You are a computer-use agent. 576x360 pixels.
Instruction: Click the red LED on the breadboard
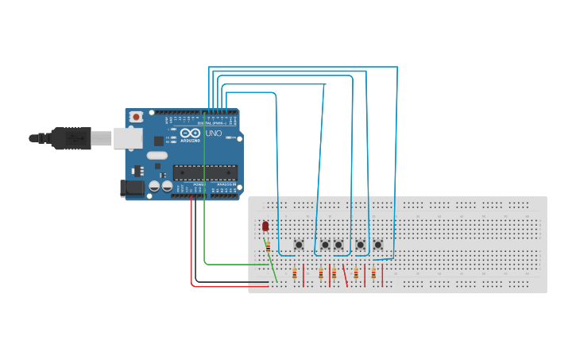point(265,227)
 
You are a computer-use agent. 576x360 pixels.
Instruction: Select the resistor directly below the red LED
point(268,246)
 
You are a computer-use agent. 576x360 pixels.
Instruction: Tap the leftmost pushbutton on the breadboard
point(299,245)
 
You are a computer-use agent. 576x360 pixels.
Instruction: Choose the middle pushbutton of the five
point(338,245)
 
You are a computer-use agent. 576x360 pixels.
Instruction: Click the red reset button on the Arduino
point(136,117)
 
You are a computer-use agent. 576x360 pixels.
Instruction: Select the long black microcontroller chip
point(205,171)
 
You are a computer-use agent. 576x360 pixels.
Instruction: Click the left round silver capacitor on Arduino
point(154,186)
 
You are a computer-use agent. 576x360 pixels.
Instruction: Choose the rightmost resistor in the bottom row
point(373,274)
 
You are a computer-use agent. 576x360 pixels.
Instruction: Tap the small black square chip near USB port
point(158,141)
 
